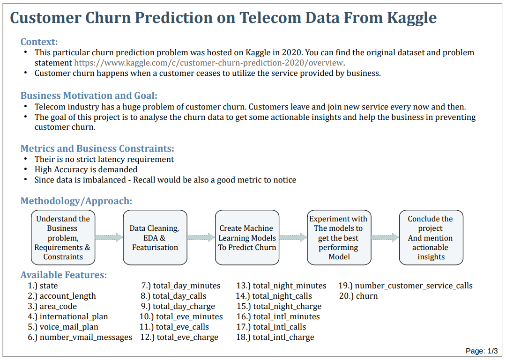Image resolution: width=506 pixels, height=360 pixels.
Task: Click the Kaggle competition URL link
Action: click(209, 63)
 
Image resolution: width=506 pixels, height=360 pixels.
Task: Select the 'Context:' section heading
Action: click(39, 42)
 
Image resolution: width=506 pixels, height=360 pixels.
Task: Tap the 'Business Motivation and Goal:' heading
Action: click(89, 96)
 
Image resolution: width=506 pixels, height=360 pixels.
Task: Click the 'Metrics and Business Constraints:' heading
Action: click(97, 148)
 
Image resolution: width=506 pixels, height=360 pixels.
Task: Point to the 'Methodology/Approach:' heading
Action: click(76, 201)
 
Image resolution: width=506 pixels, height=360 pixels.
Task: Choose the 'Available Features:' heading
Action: click(64, 275)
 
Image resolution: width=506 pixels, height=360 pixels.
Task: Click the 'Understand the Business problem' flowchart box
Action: click(63, 237)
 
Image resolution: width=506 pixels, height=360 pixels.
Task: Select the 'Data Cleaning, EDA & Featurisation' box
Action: click(155, 237)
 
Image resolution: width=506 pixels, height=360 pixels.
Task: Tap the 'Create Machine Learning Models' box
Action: click(247, 237)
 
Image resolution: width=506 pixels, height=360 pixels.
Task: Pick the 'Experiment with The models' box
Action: click(339, 237)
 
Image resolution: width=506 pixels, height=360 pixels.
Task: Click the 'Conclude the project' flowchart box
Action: click(431, 237)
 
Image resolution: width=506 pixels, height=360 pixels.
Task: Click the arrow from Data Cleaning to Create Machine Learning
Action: click(201, 237)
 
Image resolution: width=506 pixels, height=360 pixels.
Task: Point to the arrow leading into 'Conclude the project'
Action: click(385, 237)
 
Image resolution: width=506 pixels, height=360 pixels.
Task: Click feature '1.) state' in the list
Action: click(43, 286)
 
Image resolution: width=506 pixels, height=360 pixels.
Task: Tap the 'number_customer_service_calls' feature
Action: click(406, 286)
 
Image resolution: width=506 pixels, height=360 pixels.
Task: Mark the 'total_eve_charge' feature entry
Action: click(179, 337)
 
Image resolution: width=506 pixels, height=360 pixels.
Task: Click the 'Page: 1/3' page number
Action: click(482, 351)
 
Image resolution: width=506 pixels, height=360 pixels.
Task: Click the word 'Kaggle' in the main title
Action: click(412, 18)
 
